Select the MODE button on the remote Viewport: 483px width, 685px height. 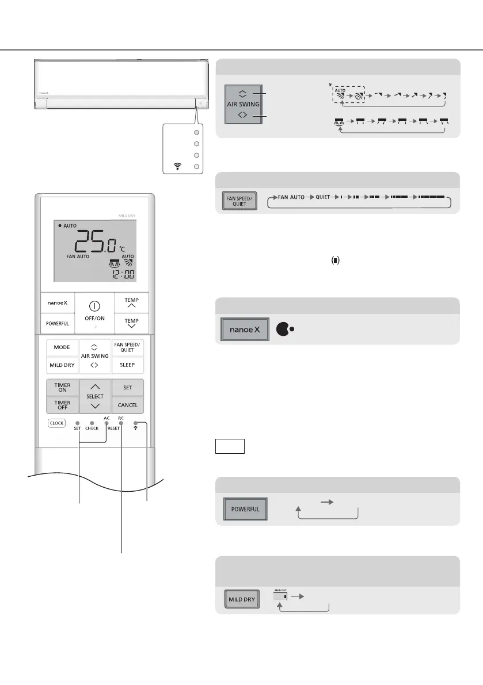(62, 347)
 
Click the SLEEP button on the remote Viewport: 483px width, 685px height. (128, 365)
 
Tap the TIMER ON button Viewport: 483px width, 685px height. (62, 388)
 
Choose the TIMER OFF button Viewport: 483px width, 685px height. (62, 405)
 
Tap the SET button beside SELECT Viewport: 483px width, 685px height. (127, 388)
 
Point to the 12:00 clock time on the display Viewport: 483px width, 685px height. (121, 273)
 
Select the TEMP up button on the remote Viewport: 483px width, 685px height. (128, 302)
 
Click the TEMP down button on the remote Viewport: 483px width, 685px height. (128, 320)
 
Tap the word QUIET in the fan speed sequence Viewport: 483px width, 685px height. (323, 197)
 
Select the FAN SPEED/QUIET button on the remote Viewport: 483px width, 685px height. (128, 347)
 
